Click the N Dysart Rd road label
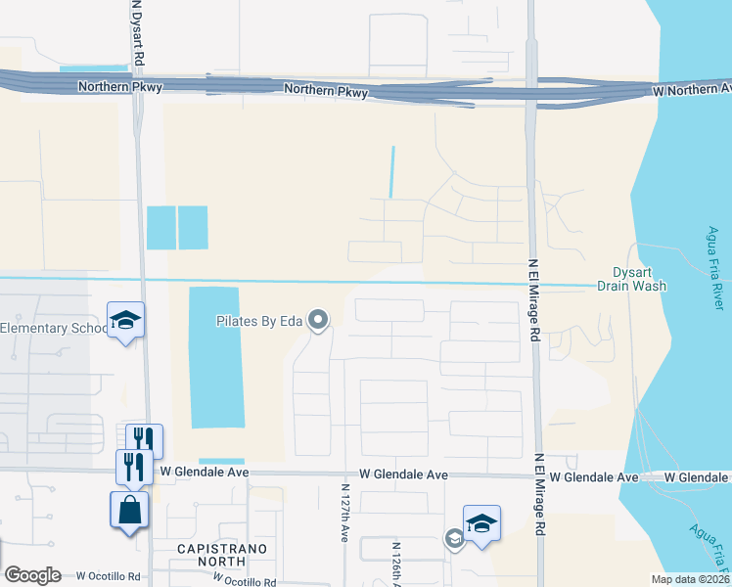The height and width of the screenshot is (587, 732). click(139, 32)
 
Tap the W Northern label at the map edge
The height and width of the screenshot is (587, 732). click(691, 89)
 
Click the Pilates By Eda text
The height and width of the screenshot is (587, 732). click(259, 320)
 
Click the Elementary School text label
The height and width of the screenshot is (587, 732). click(54, 328)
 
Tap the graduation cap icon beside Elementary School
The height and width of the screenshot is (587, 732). click(126, 320)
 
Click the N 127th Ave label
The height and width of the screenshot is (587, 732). click(344, 512)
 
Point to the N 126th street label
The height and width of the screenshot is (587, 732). click(396, 558)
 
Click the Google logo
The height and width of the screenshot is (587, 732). click(31, 575)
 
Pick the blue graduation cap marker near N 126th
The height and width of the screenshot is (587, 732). click(480, 523)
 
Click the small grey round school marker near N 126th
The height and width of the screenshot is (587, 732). click(454, 538)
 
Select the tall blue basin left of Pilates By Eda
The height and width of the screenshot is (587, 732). click(215, 357)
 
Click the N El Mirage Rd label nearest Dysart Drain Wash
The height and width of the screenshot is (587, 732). click(534, 298)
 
